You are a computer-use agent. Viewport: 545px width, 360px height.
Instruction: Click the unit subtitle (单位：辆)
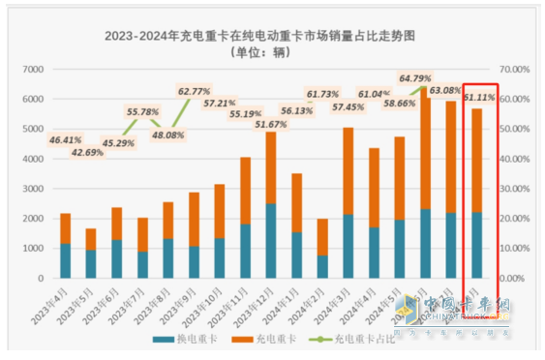click(x=275, y=55)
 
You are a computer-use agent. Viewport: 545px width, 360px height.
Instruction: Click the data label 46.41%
click(x=65, y=140)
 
